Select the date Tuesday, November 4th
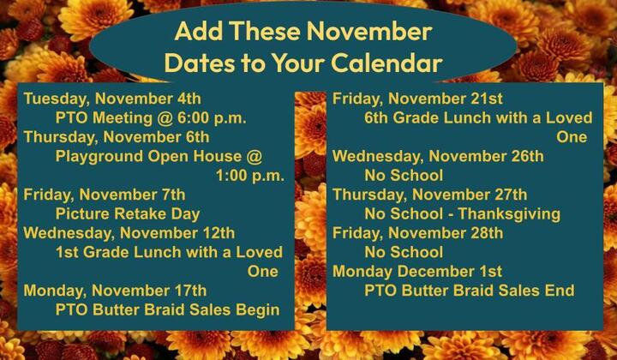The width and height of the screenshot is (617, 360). click(x=112, y=99)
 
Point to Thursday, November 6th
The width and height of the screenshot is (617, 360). click(x=117, y=137)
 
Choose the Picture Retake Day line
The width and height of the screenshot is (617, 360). click(x=128, y=213)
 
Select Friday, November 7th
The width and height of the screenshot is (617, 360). click(x=105, y=195)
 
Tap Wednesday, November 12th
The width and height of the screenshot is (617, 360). click(x=129, y=233)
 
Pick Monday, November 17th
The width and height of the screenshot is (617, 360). click(x=115, y=291)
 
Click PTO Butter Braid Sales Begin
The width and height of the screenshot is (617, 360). click(x=168, y=309)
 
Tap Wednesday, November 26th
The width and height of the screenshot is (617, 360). click(x=438, y=156)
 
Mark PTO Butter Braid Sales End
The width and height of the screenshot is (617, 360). click(x=470, y=291)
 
